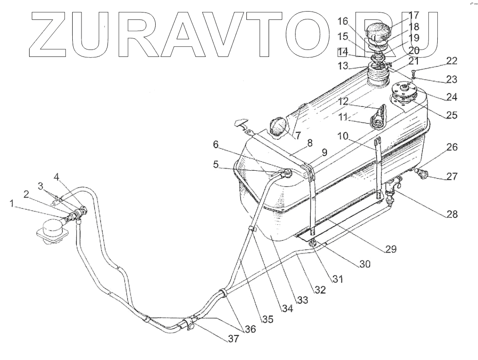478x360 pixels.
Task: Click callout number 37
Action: click(x=233, y=338)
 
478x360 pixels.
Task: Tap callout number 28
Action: click(x=452, y=214)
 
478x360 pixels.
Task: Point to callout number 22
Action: click(x=452, y=61)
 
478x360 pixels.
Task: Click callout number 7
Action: click(x=297, y=135)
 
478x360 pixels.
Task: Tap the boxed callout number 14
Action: click(x=342, y=51)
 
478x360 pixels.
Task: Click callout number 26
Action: click(x=452, y=148)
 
